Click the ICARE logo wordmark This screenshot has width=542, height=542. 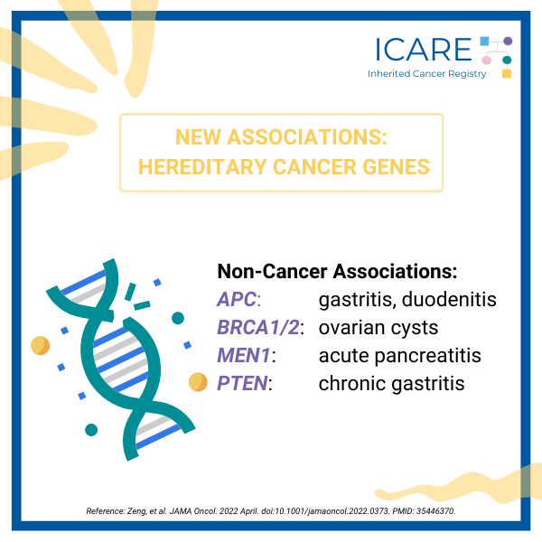(424, 50)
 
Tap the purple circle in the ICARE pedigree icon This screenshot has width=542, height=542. (508, 42)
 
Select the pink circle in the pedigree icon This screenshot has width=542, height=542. (486, 61)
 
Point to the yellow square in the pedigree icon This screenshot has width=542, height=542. (507, 73)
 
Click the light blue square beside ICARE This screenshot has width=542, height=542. (484, 42)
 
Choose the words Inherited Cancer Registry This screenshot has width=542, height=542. (427, 74)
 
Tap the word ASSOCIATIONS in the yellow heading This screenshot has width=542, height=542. (307, 137)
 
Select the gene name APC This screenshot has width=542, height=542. (237, 299)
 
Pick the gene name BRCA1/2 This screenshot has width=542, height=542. (257, 327)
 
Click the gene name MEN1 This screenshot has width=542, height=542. (244, 355)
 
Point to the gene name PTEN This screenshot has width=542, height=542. (242, 383)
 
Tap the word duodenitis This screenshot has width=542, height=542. (449, 299)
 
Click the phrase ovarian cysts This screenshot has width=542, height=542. (378, 328)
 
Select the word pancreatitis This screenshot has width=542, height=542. (427, 356)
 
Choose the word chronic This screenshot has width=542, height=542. (352, 383)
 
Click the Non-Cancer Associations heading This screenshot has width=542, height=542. (337, 271)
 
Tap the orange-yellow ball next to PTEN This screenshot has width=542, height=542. (198, 382)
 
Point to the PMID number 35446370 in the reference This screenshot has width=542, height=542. (435, 511)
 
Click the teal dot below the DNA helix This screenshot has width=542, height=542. (91, 430)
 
